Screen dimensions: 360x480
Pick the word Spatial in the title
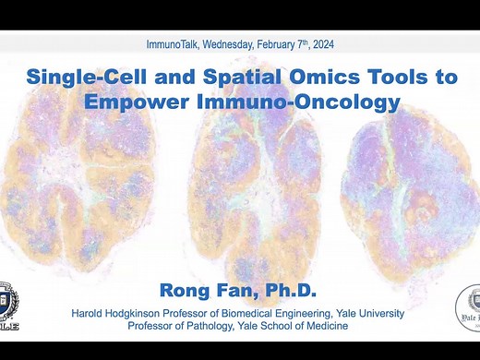pos(225,78)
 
